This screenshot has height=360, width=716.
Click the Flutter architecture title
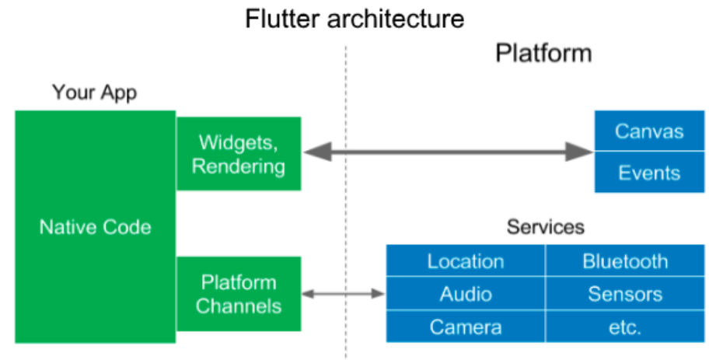pyautogui.click(x=355, y=18)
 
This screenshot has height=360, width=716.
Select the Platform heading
pyautogui.click(x=543, y=53)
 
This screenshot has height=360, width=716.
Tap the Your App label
pyautogui.click(x=94, y=93)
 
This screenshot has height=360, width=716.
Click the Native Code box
pyautogui.click(x=95, y=227)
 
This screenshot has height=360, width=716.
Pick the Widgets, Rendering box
pyautogui.click(x=239, y=154)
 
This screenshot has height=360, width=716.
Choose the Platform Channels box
pyautogui.click(x=239, y=294)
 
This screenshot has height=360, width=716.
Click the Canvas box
pyautogui.click(x=649, y=131)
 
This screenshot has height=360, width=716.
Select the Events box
pyautogui.click(x=649, y=173)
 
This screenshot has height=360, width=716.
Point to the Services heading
pyautogui.click(x=545, y=227)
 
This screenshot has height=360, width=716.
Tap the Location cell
pyautogui.click(x=466, y=261)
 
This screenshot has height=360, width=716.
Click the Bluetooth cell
pyautogui.click(x=625, y=261)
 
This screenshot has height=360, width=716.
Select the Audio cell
pyautogui.click(x=466, y=294)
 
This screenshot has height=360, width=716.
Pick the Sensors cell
pyautogui.click(x=625, y=294)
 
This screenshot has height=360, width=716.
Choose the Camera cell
pyautogui.click(x=466, y=327)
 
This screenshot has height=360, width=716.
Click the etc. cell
pyautogui.click(x=625, y=327)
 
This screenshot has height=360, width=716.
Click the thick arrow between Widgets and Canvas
pyautogui.click(x=447, y=152)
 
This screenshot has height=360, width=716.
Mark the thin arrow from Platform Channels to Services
pyautogui.click(x=343, y=293)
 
